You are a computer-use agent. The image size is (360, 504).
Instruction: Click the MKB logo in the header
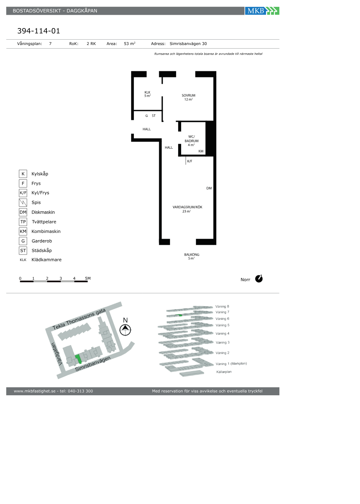[x=262, y=11]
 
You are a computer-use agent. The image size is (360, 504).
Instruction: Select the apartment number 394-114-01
[x=39, y=31]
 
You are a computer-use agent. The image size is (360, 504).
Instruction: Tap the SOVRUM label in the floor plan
[x=189, y=95]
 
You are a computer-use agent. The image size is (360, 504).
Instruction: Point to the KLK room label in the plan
[x=147, y=92]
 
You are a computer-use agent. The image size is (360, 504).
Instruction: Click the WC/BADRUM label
[x=192, y=139]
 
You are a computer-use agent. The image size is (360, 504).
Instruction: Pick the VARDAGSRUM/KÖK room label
[x=188, y=207]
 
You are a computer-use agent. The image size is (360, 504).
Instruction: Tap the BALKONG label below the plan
[x=192, y=255]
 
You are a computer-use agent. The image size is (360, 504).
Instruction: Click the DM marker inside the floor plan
[x=209, y=188]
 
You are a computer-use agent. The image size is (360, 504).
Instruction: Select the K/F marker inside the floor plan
[x=190, y=161]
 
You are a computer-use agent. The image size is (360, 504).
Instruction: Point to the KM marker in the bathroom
[x=201, y=151]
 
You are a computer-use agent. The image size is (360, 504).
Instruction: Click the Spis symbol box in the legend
[x=23, y=202]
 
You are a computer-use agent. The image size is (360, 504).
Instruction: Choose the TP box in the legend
[x=23, y=222]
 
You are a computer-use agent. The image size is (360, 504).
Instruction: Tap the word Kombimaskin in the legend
[x=46, y=231]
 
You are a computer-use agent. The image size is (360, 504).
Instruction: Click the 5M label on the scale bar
[x=88, y=278]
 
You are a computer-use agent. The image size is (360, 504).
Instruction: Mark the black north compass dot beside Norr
[x=259, y=279]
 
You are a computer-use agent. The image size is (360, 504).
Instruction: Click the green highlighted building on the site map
[x=78, y=359]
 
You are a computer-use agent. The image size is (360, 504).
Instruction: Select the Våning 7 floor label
[x=222, y=312]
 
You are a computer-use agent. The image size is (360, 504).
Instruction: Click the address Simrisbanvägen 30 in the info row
[x=188, y=44]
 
